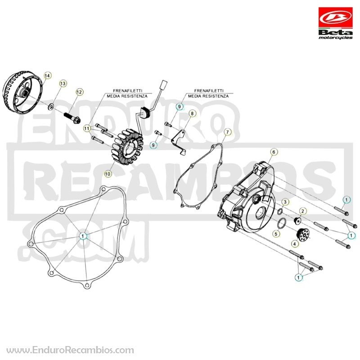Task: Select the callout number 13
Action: [x=63, y=83]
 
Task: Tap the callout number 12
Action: [x=79, y=92]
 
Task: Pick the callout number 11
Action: [x=86, y=128]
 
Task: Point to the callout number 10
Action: [x=108, y=174]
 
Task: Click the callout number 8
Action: [x=192, y=114]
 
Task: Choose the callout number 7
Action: [x=228, y=132]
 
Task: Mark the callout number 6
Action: [x=274, y=152]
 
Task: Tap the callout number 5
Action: [x=276, y=234]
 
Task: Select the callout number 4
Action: [x=295, y=243]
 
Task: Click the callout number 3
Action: [x=285, y=202]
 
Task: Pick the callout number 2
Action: [x=302, y=211]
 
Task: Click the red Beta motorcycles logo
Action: [x=335, y=23]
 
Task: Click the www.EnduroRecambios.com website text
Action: [x=70, y=350]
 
